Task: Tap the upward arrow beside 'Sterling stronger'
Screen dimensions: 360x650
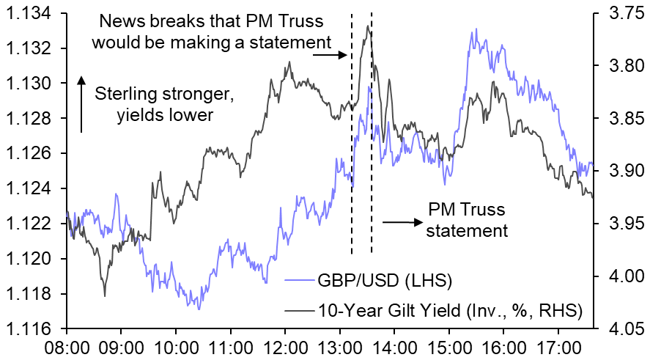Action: click(81, 103)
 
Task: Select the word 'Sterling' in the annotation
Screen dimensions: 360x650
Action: click(123, 95)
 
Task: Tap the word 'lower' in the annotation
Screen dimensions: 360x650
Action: click(192, 114)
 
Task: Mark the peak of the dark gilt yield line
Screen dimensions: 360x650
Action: click(371, 27)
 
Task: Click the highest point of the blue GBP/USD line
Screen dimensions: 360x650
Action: click(476, 29)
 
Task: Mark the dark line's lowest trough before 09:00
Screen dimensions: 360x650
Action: click(105, 295)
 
